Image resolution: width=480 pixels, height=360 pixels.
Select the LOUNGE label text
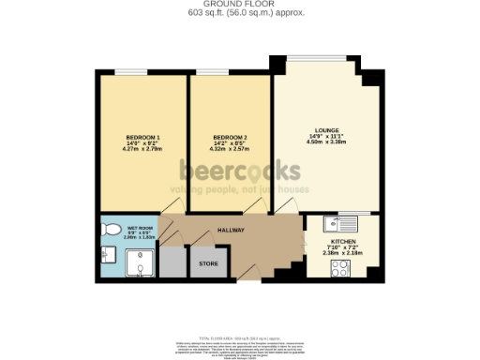[326, 129]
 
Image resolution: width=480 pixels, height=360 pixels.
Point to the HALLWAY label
[231, 230]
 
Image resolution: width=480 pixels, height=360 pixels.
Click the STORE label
[208, 264]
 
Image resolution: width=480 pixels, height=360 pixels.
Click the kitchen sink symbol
[330, 223]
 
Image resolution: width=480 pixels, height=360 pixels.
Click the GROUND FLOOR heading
[240, 5]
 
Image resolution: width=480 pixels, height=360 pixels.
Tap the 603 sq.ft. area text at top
[240, 14]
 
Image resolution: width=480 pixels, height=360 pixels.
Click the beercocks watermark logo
[240, 170]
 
